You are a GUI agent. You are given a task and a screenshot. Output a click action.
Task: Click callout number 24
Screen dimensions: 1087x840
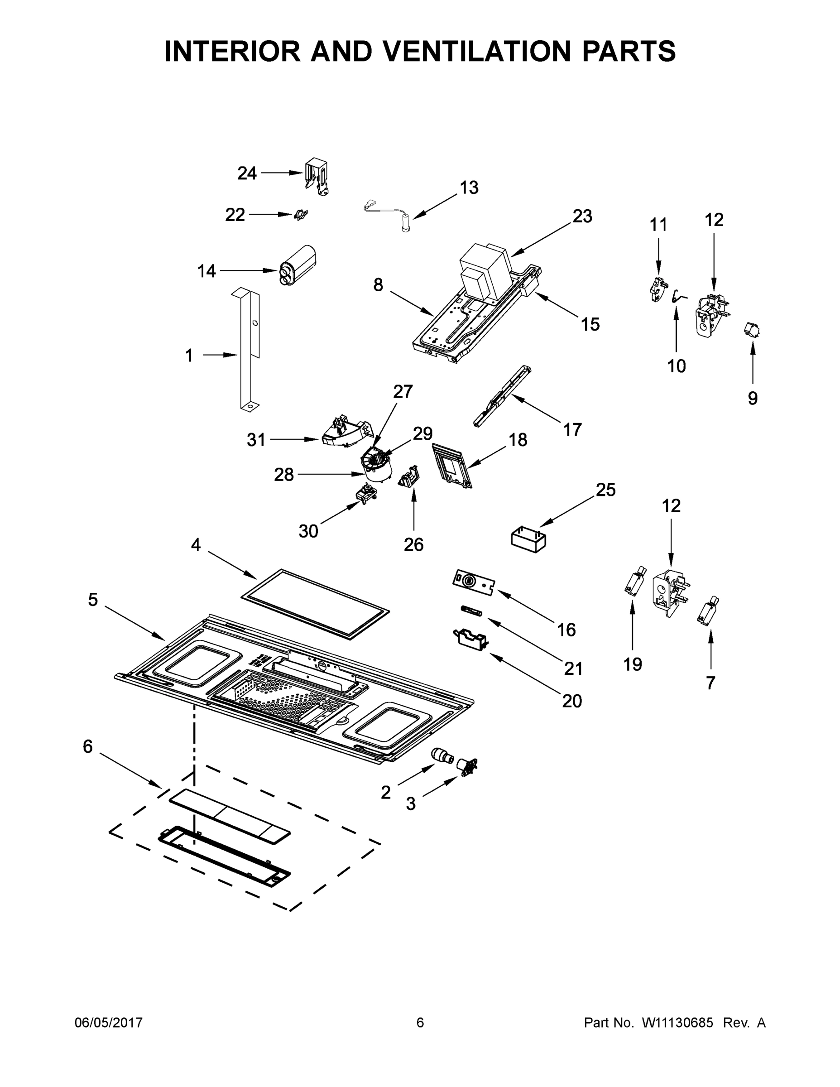[x=247, y=173]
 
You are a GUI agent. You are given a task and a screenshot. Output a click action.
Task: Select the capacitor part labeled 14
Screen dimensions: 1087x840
[x=298, y=265]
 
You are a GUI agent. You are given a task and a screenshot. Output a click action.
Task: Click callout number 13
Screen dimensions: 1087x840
[x=469, y=188]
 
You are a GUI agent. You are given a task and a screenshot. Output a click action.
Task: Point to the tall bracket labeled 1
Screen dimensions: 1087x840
[x=249, y=348]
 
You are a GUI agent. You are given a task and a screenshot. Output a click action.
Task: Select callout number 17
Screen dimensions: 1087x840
[x=572, y=429]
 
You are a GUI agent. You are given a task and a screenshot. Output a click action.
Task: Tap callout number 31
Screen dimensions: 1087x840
[x=256, y=440]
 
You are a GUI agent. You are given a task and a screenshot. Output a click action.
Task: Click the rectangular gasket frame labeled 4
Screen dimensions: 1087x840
[x=315, y=604]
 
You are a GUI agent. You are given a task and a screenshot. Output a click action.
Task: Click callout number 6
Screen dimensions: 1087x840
[x=87, y=746]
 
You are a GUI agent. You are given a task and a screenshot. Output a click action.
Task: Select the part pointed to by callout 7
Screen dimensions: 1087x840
[x=706, y=612]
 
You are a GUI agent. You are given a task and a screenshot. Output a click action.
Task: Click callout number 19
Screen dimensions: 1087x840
[x=633, y=664]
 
